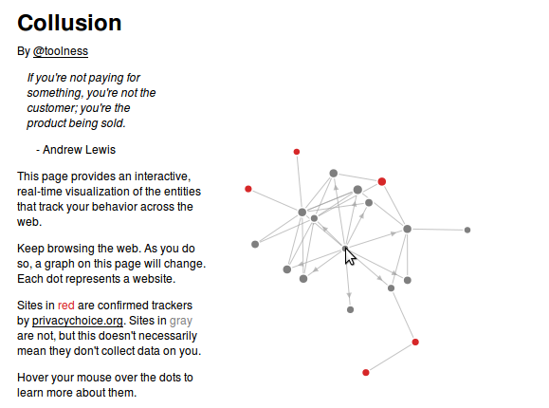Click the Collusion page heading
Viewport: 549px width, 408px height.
click(69, 23)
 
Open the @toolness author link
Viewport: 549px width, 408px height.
click(61, 51)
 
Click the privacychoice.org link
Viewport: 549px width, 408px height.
click(78, 321)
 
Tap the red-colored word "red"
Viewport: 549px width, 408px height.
click(65, 306)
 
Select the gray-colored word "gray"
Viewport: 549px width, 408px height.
click(181, 321)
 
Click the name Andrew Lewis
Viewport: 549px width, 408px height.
click(79, 150)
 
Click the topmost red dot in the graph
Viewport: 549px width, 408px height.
click(297, 152)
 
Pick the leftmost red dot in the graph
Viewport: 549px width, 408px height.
click(248, 189)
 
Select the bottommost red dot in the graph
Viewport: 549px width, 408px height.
click(366, 372)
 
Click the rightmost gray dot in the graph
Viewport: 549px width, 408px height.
click(467, 230)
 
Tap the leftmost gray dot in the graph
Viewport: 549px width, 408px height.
click(255, 244)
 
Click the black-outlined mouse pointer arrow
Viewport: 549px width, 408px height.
click(350, 256)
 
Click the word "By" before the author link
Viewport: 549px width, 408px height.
click(24, 51)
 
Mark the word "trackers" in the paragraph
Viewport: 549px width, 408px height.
click(170, 306)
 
